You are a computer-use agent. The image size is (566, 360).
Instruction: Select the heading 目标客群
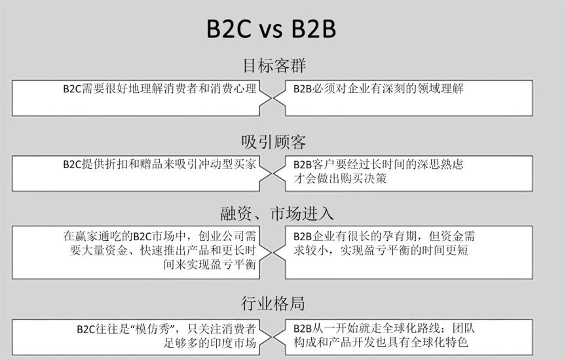pyautogui.click(x=274, y=66)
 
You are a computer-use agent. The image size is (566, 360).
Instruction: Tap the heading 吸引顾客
pyautogui.click(x=274, y=142)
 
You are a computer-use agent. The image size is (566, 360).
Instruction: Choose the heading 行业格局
pyautogui.click(x=273, y=304)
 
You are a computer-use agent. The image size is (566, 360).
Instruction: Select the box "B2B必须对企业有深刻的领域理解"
pyautogui.click(x=419, y=98)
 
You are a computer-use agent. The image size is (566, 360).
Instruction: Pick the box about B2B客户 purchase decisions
pyautogui.click(x=419, y=173)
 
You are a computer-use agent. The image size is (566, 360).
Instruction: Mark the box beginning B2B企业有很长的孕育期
pyautogui.click(x=419, y=251)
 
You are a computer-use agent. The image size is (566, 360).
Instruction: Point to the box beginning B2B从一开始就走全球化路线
pyautogui.click(x=419, y=336)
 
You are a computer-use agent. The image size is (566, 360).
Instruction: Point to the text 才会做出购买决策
pyautogui.click(x=339, y=178)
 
